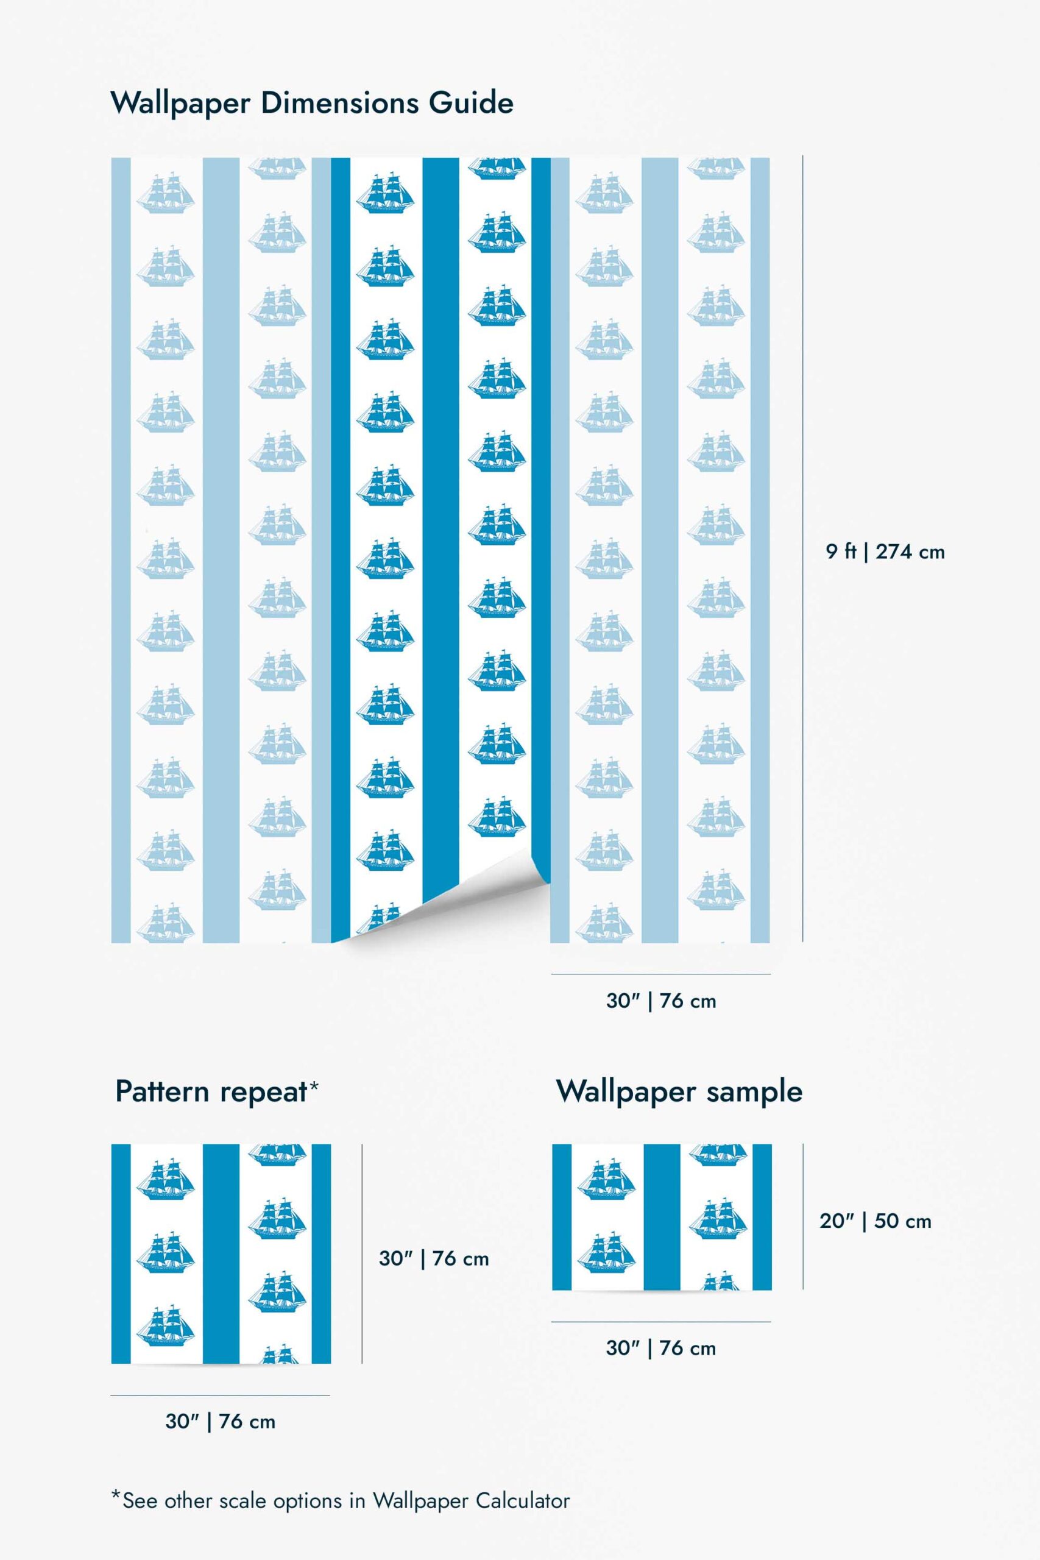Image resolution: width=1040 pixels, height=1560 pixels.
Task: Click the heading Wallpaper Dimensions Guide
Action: pos(312,104)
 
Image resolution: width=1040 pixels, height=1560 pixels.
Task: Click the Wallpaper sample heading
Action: pos(679,1092)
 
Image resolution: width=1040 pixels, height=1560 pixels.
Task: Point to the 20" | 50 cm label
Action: pos(875,1221)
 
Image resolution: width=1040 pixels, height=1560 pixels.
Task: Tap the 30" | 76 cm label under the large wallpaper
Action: pos(660,1001)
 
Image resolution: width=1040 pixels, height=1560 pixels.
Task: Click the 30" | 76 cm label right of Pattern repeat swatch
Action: pos(434,1258)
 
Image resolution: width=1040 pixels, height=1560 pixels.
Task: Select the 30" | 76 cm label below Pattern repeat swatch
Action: pos(220,1422)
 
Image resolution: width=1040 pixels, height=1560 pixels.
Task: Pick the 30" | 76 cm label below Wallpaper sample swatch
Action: pos(660,1348)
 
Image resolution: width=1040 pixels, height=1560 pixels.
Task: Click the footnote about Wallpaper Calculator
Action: pos(340,1500)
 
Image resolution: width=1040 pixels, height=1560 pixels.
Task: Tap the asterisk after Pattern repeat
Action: pos(314,1085)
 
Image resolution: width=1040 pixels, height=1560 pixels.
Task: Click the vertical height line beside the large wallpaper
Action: pos(802,548)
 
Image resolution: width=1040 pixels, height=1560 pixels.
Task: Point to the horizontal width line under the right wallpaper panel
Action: pos(660,974)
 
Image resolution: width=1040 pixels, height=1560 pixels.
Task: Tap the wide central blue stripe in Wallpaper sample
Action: pos(662,1217)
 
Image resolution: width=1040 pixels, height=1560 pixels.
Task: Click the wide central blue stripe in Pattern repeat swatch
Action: pos(221,1253)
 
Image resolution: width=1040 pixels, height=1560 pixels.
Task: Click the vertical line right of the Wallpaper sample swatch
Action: pos(802,1216)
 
